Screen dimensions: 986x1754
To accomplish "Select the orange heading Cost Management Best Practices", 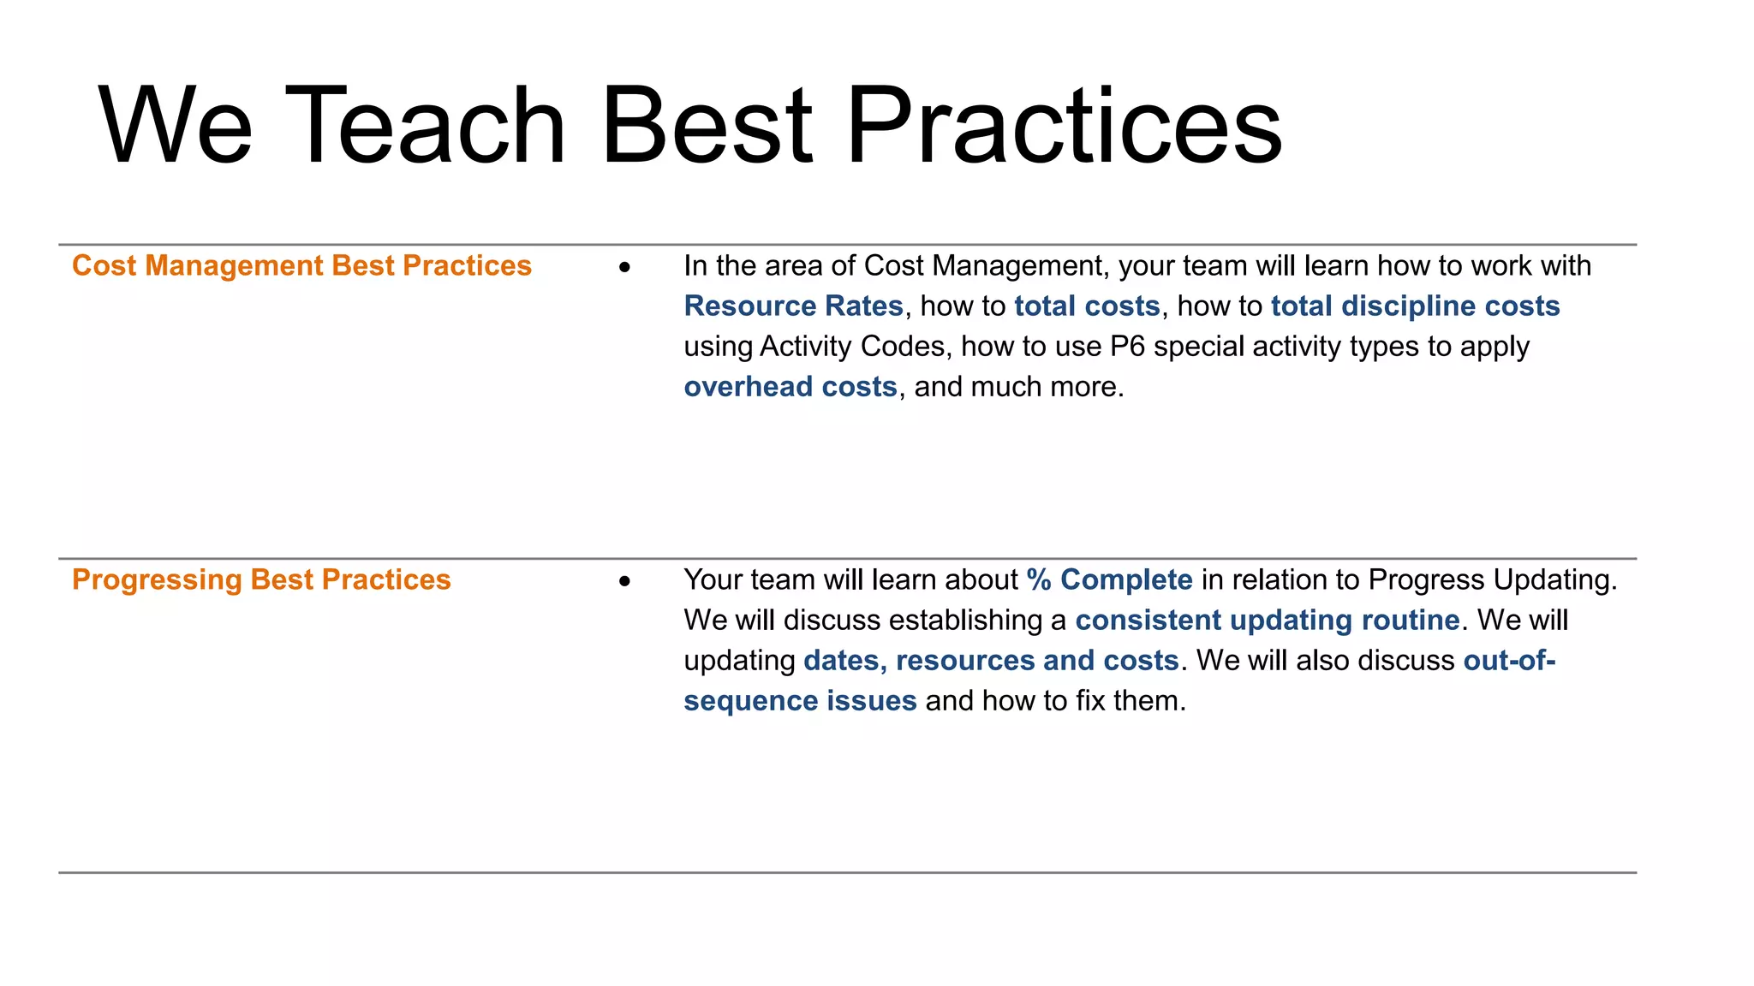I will coord(301,265).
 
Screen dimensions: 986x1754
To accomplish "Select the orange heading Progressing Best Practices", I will coord(261,579).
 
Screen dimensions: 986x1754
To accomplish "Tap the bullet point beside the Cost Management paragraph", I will coord(624,268).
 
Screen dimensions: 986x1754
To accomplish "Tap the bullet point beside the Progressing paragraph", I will coord(624,582).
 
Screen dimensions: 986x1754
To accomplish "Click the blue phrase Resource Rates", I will coord(793,306).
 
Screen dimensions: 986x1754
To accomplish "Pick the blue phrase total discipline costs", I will coord(1415,306).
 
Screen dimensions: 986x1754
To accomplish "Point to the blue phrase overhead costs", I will coord(790,386).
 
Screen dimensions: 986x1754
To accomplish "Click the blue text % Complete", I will coord(1109,579).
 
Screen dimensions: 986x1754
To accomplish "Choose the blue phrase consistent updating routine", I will coord(1267,620).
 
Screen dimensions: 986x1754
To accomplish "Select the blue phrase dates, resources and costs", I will coord(991,660).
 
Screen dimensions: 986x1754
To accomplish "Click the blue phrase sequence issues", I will coord(800,700).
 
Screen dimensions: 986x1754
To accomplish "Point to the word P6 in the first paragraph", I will coord(1127,346).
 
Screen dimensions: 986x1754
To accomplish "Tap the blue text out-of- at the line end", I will coord(1509,660).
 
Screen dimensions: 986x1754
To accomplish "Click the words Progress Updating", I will coord(1491,579).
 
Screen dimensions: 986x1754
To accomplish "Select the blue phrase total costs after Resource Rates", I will coord(1087,306).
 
